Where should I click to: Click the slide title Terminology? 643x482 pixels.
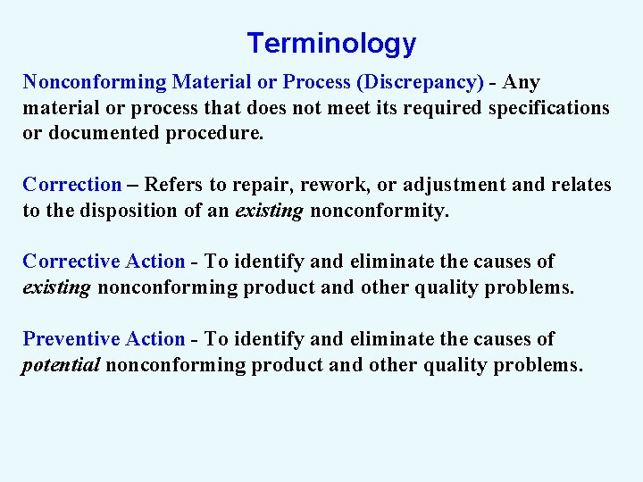(x=331, y=43)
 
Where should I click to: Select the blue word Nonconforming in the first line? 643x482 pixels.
(x=95, y=82)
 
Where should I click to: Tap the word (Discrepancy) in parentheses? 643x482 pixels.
(x=420, y=82)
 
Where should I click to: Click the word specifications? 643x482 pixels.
(x=546, y=108)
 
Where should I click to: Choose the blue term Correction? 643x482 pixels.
(x=71, y=185)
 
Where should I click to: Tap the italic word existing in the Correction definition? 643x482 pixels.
(x=269, y=211)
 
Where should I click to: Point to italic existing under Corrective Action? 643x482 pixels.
(x=56, y=287)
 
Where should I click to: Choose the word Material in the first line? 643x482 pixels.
(x=212, y=82)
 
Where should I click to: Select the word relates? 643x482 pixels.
(x=580, y=185)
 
